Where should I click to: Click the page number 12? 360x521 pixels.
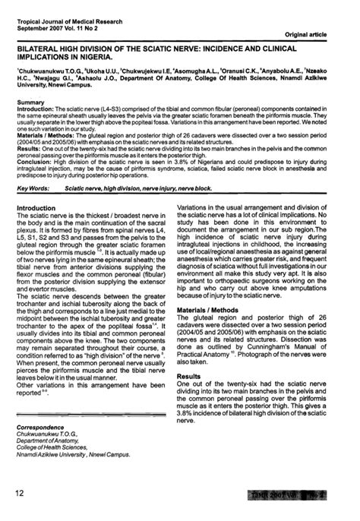[x=20, y=494]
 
